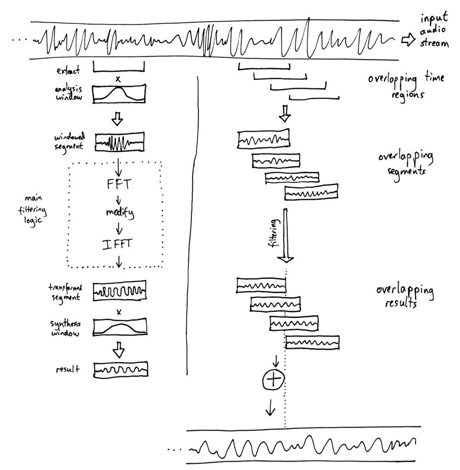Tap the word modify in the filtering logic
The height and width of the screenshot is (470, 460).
[118, 214]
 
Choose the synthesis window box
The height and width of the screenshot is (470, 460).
[120, 328]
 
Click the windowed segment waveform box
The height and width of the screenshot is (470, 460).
[120, 142]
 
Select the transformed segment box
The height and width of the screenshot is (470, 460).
[119, 291]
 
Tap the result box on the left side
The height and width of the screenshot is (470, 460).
[121, 370]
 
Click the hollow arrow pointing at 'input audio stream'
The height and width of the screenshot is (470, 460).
[408, 41]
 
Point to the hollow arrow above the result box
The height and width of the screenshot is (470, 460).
[119, 351]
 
